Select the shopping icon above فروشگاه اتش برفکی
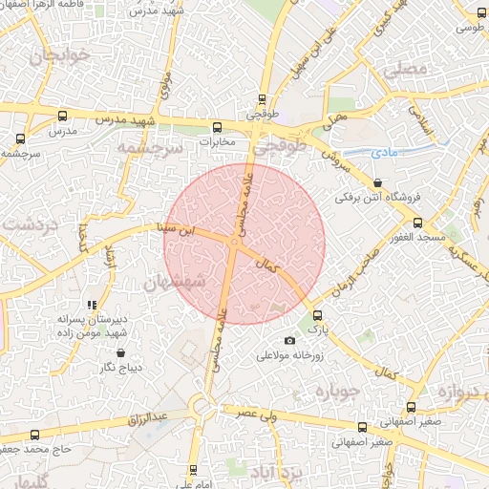click(378, 182)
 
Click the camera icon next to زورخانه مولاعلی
click(290, 341)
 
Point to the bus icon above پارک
click(318, 314)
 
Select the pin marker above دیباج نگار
click(119, 351)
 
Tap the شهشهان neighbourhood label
click(173, 283)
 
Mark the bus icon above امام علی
click(193, 470)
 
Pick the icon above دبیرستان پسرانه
click(92, 305)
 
